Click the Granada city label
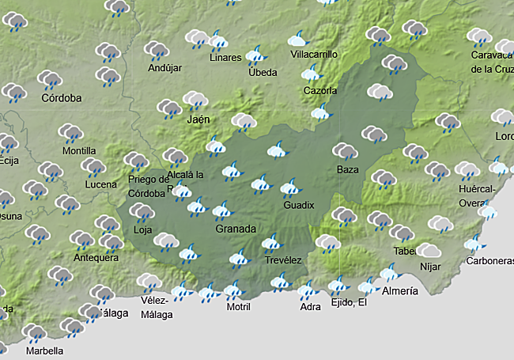pos(236,229)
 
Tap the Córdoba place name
pos(62,98)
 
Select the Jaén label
pos(198,119)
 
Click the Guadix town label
pos(299,206)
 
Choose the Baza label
pos(347,170)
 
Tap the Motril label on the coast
pos(238,307)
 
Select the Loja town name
pos(143,230)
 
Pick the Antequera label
pos(96,258)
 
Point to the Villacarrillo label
pos(314,55)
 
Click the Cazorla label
pos(320,90)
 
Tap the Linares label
pos(226,58)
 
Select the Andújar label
pos(164,68)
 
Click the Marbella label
pos(44,350)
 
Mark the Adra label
pos(310,307)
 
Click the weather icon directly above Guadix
pos(290,188)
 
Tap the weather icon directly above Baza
pos(345,150)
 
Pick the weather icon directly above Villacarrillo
pos(298,38)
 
